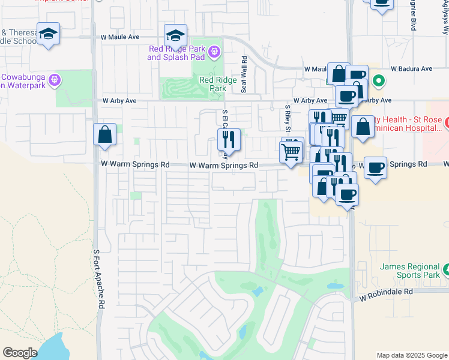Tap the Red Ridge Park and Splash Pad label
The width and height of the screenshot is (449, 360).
tap(176, 53)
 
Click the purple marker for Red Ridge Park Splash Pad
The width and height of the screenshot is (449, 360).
tap(215, 54)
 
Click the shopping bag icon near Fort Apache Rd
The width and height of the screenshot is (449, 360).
tap(105, 135)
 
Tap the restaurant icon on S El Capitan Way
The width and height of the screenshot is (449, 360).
tap(229, 140)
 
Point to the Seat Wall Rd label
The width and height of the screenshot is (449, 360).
tap(244, 74)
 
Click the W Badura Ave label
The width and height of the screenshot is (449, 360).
tap(412, 69)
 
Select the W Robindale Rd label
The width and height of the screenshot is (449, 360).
tap(387, 290)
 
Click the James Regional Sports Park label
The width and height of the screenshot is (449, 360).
tap(411, 271)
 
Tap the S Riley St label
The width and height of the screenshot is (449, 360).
tap(288, 118)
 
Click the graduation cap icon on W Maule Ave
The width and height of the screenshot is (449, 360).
tap(176, 35)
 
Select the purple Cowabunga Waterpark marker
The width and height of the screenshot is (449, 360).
tap(55, 79)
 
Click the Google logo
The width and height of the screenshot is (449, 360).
tap(20, 353)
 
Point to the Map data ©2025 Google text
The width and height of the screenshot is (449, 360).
tap(412, 355)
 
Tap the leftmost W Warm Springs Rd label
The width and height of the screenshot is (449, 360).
tap(135, 164)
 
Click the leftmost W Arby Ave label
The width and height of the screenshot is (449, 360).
tap(119, 101)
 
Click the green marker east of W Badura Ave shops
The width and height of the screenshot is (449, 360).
tap(378, 80)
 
